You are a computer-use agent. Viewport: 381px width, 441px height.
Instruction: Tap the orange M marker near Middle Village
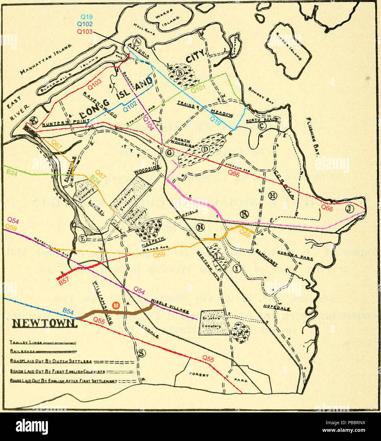[x=116, y=306]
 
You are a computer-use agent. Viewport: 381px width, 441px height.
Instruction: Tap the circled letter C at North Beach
[x=262, y=126]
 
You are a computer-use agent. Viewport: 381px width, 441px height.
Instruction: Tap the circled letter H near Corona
[x=271, y=195]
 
